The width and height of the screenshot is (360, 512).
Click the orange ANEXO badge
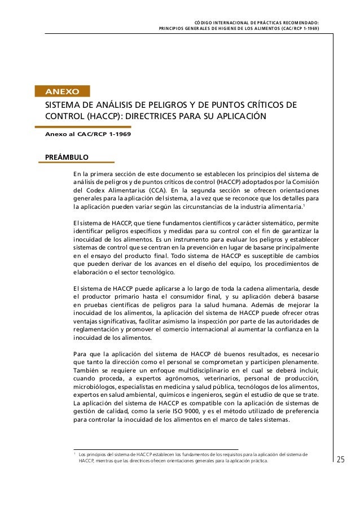(x=62, y=90)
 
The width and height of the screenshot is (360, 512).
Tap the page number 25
(x=340, y=460)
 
